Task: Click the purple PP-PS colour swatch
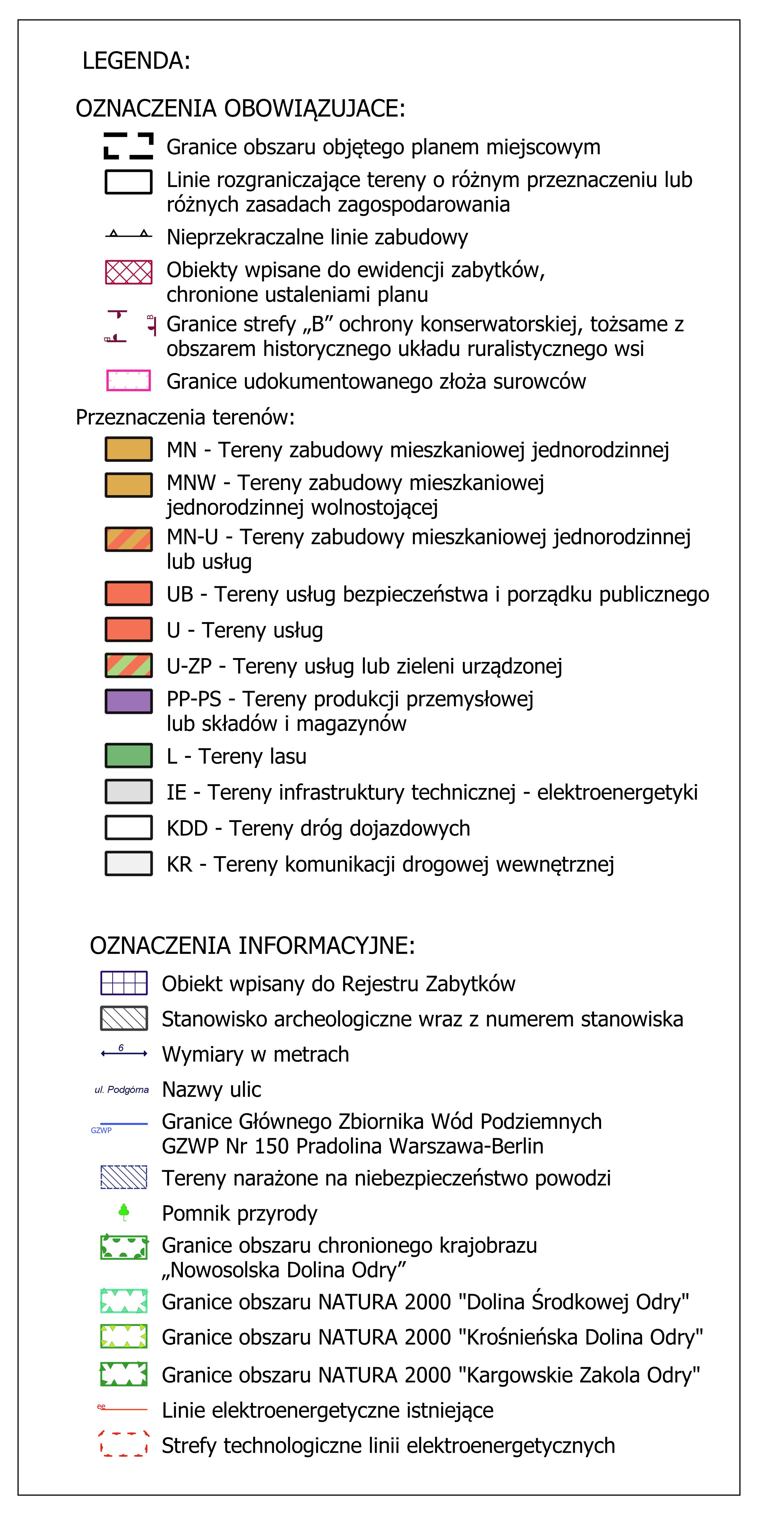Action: [x=128, y=701]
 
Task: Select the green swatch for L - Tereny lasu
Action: [x=128, y=756]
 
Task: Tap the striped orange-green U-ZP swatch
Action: [x=128, y=665]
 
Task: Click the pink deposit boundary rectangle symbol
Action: [x=128, y=381]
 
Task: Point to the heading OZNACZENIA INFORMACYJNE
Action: [x=252, y=946]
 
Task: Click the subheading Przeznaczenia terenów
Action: [x=185, y=417]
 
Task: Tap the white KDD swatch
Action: [x=128, y=827]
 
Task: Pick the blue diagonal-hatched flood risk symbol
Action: [x=124, y=1177]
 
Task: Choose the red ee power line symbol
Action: [x=122, y=1409]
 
